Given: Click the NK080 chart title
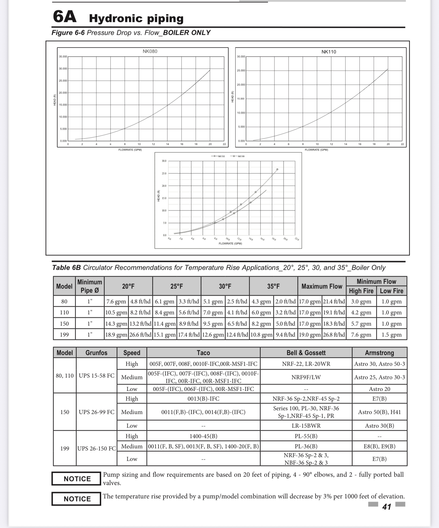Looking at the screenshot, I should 150,51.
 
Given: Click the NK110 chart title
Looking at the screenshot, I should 328,52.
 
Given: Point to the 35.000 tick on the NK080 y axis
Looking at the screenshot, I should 63,57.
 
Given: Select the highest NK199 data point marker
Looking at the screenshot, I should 277,169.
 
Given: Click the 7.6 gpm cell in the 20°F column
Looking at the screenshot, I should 116,301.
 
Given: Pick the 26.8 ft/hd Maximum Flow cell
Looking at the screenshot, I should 334,335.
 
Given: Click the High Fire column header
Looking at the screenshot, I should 361,291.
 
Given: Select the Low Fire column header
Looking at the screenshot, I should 391,291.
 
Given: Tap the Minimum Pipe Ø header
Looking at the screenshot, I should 90,286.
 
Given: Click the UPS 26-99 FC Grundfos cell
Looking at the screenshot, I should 96,412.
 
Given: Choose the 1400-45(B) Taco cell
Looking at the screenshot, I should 203,436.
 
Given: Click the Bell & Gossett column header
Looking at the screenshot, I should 306,353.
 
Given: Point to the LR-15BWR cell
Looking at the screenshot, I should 306,426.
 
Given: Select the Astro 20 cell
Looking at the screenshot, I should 379,389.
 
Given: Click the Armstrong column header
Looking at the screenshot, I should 379,353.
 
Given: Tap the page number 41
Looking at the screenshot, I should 387,507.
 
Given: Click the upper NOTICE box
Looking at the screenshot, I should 77,479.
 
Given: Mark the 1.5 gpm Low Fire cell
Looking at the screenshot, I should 391,335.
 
